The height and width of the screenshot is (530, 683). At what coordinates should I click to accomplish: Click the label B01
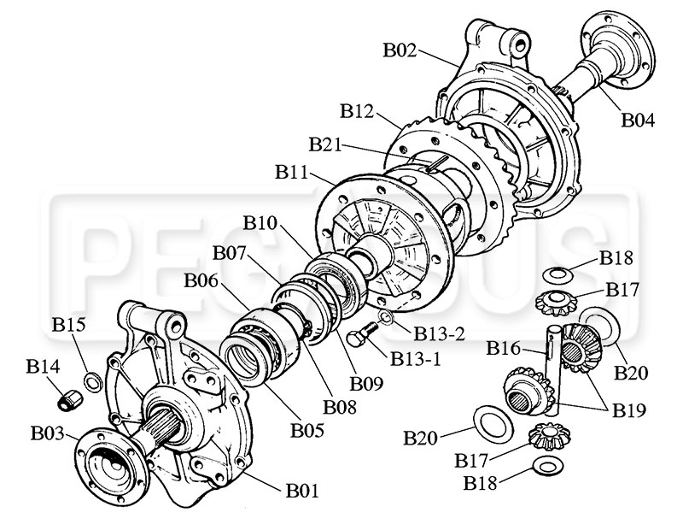pos(302,491)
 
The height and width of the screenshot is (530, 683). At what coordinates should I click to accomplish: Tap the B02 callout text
pos(400,50)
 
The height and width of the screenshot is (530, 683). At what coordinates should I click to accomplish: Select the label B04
pos(638,121)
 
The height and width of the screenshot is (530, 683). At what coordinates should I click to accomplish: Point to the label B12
pos(357,111)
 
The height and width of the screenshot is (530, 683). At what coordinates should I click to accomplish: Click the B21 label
pos(327,145)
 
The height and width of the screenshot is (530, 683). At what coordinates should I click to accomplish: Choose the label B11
pos(293,172)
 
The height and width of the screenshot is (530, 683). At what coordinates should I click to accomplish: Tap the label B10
pos(260,223)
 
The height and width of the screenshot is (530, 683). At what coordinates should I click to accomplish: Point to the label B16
pos(503,348)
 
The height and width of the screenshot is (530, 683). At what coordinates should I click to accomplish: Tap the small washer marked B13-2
pos(385,320)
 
